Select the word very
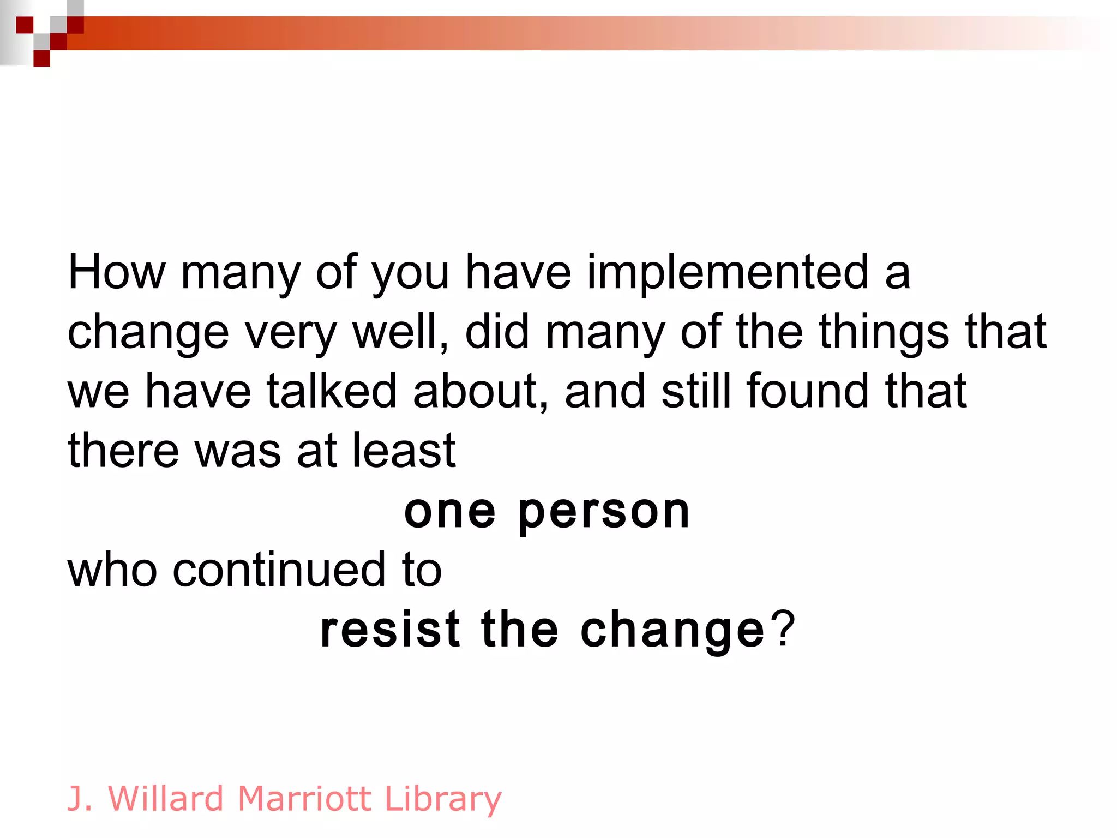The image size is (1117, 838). [290, 333]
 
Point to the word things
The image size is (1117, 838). [884, 333]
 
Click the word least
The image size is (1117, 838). [404, 451]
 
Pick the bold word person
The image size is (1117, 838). [604, 513]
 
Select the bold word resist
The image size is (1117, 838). [391, 630]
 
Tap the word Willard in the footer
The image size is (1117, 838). [166, 799]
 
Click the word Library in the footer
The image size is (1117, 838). [443, 800]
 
